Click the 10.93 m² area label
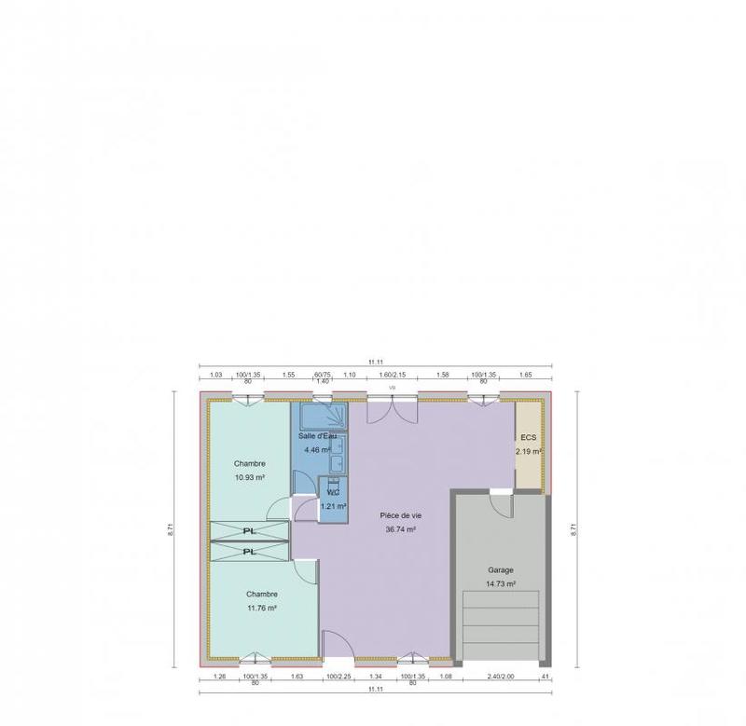250,477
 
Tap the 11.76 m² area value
262,608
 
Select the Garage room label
501,569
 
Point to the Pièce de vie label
399,515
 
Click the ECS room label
529,437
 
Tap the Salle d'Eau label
317,436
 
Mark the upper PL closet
249,531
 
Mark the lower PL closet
249,552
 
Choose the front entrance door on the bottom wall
338,645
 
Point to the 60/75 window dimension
323,374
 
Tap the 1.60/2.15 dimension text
393,374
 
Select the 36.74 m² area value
399,529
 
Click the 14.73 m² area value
501,584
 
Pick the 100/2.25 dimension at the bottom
338,676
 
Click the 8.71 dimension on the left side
171,528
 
